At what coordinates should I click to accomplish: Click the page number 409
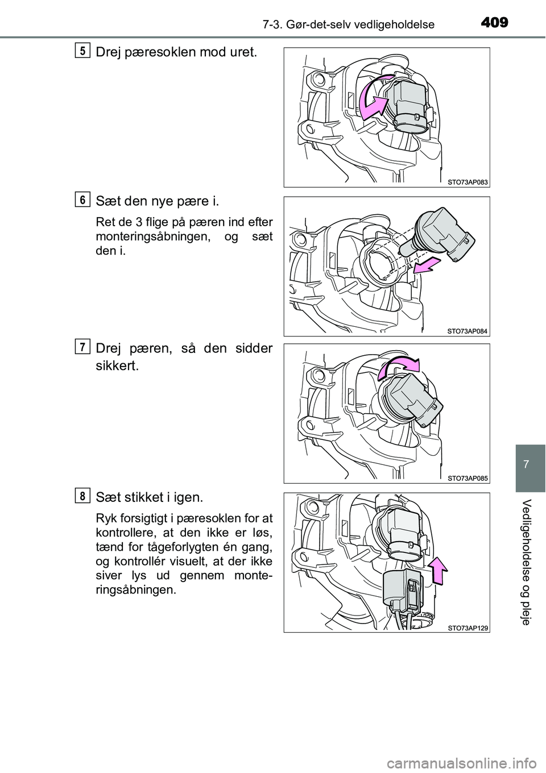(494, 23)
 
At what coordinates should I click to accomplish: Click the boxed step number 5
(83, 50)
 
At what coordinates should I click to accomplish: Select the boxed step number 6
(83, 199)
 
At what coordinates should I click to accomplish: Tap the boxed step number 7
(83, 347)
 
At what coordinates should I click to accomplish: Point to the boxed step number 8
(83, 496)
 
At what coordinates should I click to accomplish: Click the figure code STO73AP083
(468, 182)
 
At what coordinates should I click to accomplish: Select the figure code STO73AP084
(468, 331)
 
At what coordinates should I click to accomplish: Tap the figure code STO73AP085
(468, 478)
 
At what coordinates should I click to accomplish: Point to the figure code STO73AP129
(468, 627)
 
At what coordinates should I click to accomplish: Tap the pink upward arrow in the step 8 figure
(437, 571)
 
